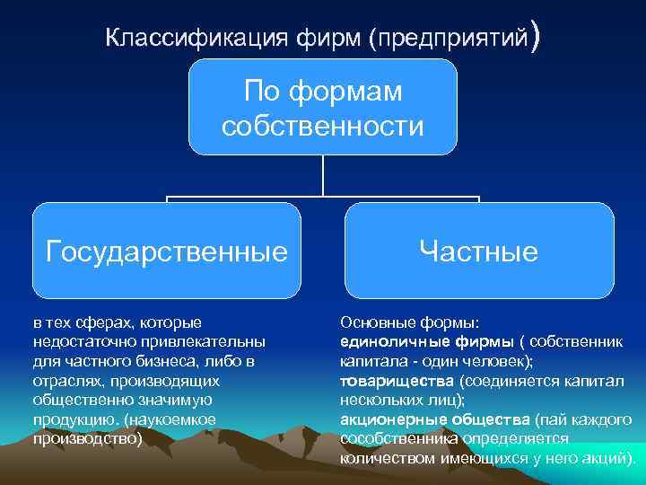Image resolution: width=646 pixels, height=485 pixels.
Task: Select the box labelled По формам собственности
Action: (322, 107)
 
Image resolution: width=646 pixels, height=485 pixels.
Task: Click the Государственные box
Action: (167, 251)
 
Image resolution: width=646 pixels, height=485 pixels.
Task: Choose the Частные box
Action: (479, 251)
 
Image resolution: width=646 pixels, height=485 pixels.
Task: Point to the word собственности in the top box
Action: (323, 126)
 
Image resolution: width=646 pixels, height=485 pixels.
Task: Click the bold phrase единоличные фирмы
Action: (427, 341)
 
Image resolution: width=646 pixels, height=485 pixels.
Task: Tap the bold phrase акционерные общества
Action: (435, 419)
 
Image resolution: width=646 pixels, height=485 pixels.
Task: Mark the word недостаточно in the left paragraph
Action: (74, 341)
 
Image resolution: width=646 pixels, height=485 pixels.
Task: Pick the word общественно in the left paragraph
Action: (72, 400)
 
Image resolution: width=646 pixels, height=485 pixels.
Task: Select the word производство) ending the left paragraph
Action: (87, 439)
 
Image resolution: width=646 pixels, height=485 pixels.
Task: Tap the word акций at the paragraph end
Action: (610, 458)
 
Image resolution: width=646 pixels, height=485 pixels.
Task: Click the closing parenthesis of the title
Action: (537, 40)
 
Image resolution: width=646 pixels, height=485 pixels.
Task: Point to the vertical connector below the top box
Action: (323, 175)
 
